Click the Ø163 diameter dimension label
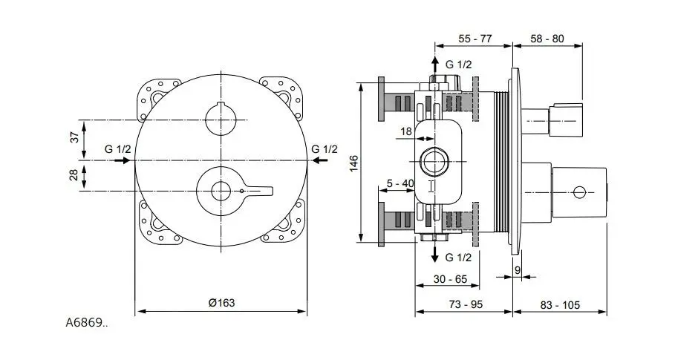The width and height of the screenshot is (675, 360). coord(221,303)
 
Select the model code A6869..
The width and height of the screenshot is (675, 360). coord(86,323)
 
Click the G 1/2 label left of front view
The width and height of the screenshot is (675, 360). coord(118,149)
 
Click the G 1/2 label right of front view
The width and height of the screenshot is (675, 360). coord(325,149)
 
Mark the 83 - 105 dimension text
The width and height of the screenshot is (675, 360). coord(560,304)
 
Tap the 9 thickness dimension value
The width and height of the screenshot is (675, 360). coord(518,270)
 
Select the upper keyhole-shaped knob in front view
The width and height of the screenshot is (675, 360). coord(221,118)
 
